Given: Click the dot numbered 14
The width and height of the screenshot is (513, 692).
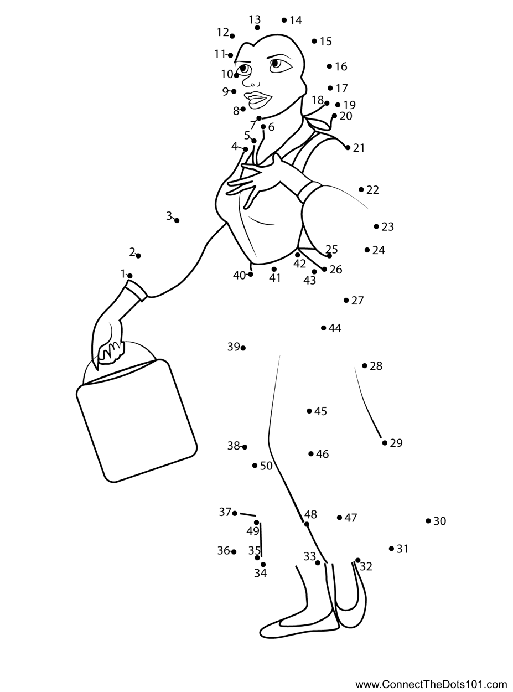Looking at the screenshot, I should click(x=284, y=20).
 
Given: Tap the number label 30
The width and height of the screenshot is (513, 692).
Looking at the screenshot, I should click(x=440, y=521).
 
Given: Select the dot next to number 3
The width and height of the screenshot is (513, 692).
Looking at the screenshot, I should click(x=177, y=220).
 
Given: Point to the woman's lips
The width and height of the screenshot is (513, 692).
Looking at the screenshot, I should click(x=258, y=100).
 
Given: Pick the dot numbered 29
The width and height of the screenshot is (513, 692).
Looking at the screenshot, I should click(x=385, y=443).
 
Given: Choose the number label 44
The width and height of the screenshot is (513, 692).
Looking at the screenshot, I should click(x=335, y=328).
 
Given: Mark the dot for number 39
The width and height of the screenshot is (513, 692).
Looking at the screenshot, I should click(x=243, y=348).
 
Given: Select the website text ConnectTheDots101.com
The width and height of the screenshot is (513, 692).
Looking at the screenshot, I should click(x=431, y=684).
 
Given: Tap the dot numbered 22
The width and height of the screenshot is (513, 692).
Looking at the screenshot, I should click(x=361, y=189).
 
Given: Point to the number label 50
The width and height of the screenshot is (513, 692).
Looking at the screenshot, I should click(x=266, y=466).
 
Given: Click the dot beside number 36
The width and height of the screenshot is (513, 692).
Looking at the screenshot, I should click(x=234, y=551).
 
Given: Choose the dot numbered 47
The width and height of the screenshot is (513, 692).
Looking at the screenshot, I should click(x=340, y=518).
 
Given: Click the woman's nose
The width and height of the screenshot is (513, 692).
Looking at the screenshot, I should click(x=250, y=83).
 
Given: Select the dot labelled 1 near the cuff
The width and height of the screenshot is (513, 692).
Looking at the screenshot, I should click(x=129, y=275).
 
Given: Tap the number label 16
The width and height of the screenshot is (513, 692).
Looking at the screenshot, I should click(x=341, y=66).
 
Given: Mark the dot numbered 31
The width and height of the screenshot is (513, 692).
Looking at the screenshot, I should click(x=391, y=549).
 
